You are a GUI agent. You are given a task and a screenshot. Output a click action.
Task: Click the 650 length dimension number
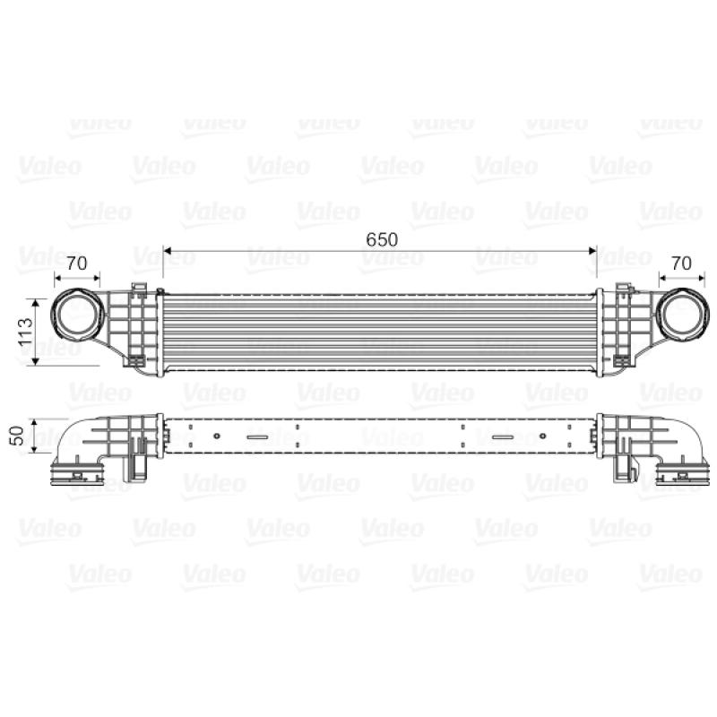pyautogui.click(x=382, y=239)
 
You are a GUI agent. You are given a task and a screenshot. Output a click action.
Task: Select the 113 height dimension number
pyautogui.click(x=26, y=332)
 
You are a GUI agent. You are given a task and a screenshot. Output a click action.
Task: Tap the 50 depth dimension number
pyautogui.click(x=16, y=436)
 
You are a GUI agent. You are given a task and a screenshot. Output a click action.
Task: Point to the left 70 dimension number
pyautogui.click(x=77, y=263)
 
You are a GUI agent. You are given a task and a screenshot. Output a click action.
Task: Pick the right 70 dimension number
pyautogui.click(x=681, y=263)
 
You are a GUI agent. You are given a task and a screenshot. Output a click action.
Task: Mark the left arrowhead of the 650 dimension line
pyautogui.click(x=168, y=251)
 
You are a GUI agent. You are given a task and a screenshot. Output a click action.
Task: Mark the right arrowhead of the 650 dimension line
pyautogui.click(x=593, y=251)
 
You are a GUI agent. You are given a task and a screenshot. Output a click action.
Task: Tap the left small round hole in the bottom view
pyautogui.click(x=217, y=436)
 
